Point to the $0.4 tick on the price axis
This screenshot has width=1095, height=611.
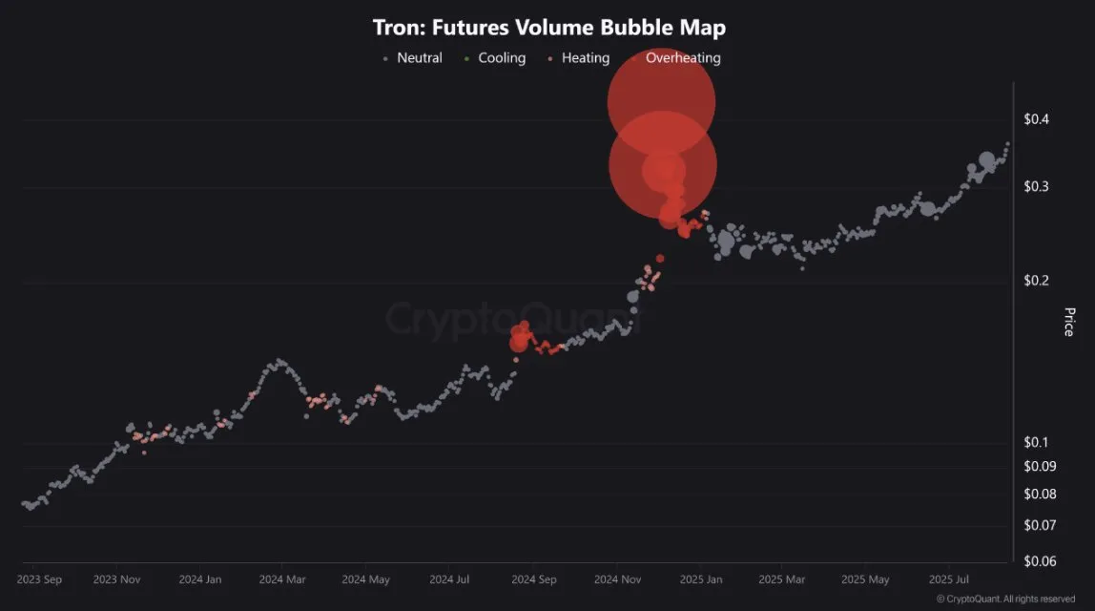pos(1036,119)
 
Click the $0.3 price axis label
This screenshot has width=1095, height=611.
pos(1036,187)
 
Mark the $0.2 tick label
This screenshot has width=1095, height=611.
pos(1036,281)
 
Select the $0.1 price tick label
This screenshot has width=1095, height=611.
pos(1036,443)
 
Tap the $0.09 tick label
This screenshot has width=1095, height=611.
pos(1039,467)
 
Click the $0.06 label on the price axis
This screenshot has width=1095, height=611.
pos(1039,561)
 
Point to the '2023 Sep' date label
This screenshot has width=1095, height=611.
pos(40,579)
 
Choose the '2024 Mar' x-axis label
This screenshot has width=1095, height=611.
pos(282,579)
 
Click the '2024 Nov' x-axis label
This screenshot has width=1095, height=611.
pos(618,579)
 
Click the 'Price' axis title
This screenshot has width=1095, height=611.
pos(1068,322)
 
